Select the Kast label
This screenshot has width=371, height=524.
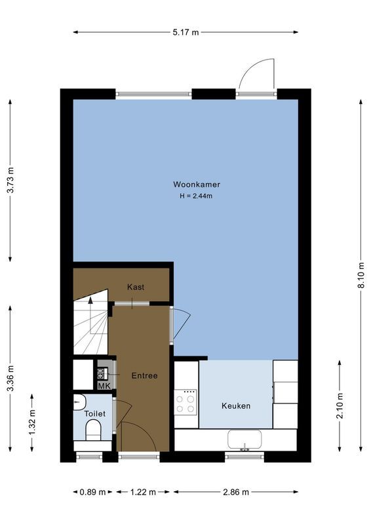[x=136, y=287]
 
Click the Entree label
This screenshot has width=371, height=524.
[x=144, y=375]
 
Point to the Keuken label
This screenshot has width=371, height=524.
[x=235, y=406]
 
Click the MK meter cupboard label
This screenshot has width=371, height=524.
[x=103, y=386]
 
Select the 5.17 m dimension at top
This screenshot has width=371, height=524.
[x=185, y=32]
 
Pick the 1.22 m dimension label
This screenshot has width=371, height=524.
[x=139, y=492]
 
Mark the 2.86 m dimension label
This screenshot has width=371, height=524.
[x=235, y=492]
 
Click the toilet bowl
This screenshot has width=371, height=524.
[x=93, y=431]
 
